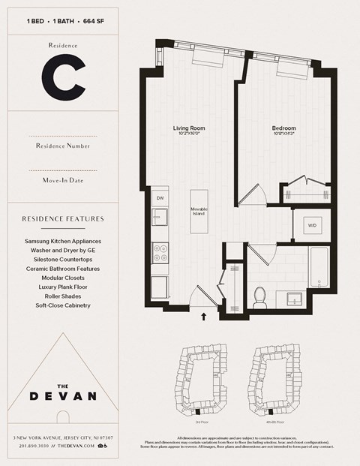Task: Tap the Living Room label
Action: click(189, 129)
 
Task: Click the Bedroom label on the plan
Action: click(283, 129)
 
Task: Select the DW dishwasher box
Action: click(159, 198)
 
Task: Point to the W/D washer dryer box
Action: click(311, 225)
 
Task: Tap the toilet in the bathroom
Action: click(261, 298)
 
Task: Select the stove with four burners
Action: click(160, 254)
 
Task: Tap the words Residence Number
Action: click(62, 146)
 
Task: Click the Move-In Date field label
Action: click(62, 181)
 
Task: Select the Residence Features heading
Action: click(62, 219)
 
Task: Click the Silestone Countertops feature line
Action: click(62, 259)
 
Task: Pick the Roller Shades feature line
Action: click(62, 296)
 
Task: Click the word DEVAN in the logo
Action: click(62, 396)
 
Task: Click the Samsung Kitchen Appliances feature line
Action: click(62, 241)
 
